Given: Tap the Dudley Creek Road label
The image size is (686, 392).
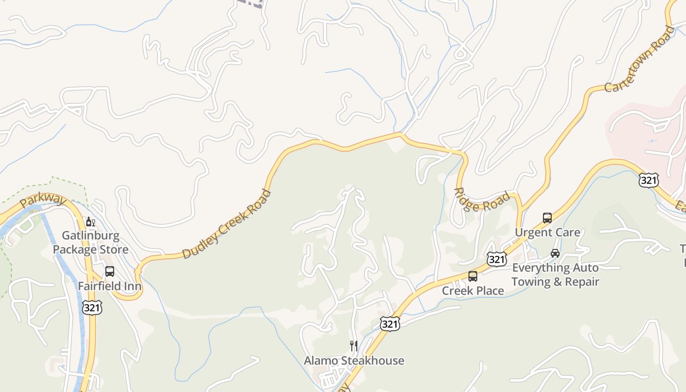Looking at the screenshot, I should point(226,224).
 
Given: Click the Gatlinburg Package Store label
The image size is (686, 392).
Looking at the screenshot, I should point(91,243).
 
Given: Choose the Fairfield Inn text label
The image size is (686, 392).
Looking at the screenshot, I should point(110,286).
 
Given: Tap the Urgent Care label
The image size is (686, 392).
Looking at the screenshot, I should point(547,232).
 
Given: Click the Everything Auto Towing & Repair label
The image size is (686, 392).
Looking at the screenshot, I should point(555,275).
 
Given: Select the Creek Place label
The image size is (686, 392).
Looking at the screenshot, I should point(473,291).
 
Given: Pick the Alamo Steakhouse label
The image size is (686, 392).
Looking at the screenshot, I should point(354,361).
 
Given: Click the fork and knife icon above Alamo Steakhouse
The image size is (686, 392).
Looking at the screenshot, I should point(354,346).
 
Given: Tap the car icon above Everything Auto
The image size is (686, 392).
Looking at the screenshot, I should point(555,253).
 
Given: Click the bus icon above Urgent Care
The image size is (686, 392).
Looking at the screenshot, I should point(547,218).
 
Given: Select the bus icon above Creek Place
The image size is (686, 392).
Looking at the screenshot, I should point(473,276).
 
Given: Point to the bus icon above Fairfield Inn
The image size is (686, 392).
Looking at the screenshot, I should point(110,271).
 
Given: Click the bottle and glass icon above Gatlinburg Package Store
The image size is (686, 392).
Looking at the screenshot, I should point(91,222).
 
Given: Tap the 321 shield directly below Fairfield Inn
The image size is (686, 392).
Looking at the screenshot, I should point(92,307).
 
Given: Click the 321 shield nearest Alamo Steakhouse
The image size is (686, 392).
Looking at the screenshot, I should point(390,323).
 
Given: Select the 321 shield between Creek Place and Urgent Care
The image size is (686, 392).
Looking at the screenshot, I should point(496,259).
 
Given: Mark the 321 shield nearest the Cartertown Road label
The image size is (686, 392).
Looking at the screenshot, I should point(648,180).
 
